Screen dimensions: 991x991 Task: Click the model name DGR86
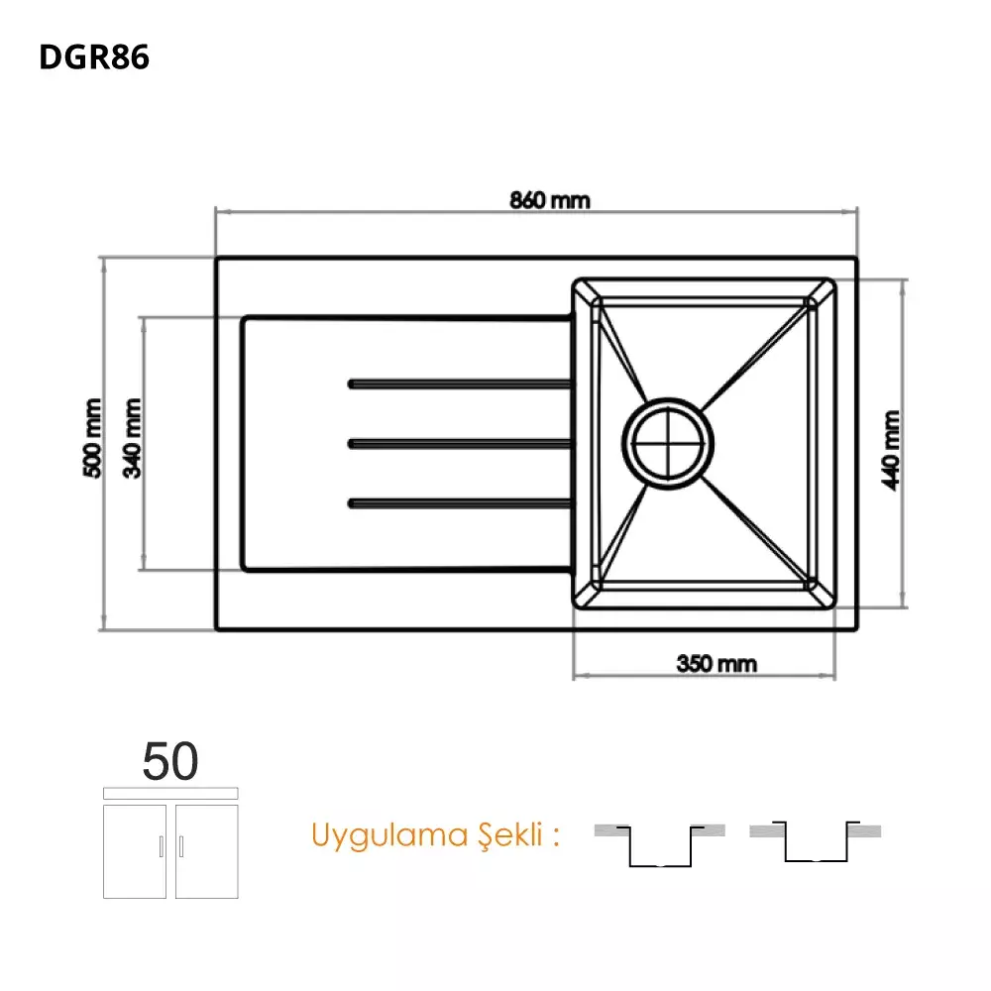click(x=94, y=56)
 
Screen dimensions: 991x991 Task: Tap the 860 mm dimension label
click(x=550, y=200)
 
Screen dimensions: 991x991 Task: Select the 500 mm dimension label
click(x=92, y=438)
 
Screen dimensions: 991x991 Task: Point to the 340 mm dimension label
click(x=132, y=438)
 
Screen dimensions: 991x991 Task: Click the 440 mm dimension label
click(x=891, y=450)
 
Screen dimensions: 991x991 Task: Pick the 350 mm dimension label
click(x=716, y=664)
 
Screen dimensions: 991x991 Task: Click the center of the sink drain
click(x=668, y=444)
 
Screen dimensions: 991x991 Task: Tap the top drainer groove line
click(x=461, y=385)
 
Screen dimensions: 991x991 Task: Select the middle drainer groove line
click(x=461, y=444)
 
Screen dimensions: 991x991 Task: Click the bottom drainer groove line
click(x=461, y=503)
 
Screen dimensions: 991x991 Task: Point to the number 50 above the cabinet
click(x=170, y=761)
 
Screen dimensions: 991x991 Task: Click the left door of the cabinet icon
click(x=135, y=851)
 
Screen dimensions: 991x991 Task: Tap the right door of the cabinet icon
click(x=207, y=851)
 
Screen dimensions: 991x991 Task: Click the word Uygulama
click(x=389, y=836)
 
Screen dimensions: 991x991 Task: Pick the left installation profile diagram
click(x=660, y=845)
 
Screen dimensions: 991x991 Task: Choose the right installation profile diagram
click(x=816, y=841)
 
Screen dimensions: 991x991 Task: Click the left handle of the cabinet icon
click(x=162, y=846)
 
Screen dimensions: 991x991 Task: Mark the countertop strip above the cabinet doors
click(x=170, y=793)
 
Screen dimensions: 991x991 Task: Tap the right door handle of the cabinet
click(x=181, y=846)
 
